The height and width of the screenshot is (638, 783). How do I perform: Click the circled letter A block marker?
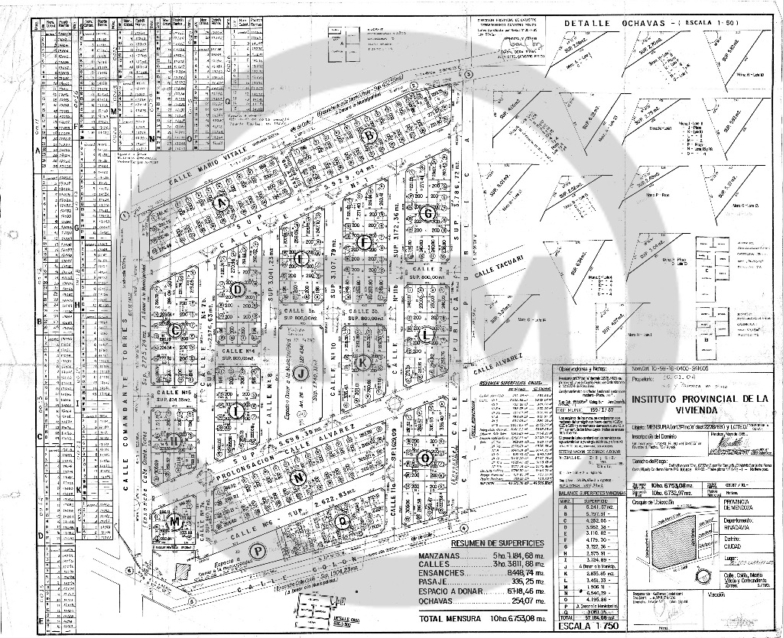click(223, 202)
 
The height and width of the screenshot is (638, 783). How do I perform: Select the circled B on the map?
click(370, 136)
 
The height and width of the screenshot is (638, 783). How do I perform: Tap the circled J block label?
click(301, 374)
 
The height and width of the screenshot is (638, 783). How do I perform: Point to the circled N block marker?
click(298, 478)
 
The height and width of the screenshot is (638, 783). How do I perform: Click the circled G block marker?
click(428, 213)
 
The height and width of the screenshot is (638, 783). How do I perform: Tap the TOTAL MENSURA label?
click(451, 618)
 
